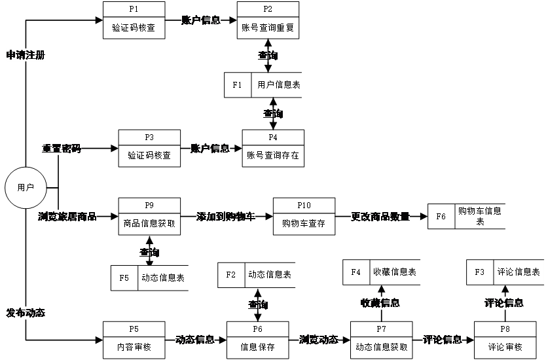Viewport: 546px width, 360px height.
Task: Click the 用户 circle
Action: [26, 187]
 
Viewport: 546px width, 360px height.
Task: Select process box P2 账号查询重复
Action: [268, 20]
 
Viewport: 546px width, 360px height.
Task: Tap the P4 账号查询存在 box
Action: [273, 148]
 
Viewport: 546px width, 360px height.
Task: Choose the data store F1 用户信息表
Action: [264, 84]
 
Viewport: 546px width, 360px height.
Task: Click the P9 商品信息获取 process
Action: [149, 215]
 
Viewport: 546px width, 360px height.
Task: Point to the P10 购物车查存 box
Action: [304, 215]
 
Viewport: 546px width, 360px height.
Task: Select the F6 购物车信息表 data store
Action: [467, 216]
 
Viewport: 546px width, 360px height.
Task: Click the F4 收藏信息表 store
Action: [382, 272]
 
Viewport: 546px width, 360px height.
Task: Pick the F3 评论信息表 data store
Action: [505, 272]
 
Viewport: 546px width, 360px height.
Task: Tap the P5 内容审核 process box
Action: [134, 339]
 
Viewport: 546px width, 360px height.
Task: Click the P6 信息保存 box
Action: [257, 339]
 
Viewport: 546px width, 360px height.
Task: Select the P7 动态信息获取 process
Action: [381, 339]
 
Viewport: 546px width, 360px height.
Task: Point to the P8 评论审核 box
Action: [505, 339]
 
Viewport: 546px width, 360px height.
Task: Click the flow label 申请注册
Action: [26, 55]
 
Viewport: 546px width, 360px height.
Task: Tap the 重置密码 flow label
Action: [62, 149]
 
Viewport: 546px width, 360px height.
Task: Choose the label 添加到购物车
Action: [226, 217]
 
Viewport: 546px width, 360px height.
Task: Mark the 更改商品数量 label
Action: [380, 217]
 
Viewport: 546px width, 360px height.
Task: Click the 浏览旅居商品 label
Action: [67, 217]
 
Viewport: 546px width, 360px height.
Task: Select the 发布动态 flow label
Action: [26, 313]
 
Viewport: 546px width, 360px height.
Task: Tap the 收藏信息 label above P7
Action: [380, 303]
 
